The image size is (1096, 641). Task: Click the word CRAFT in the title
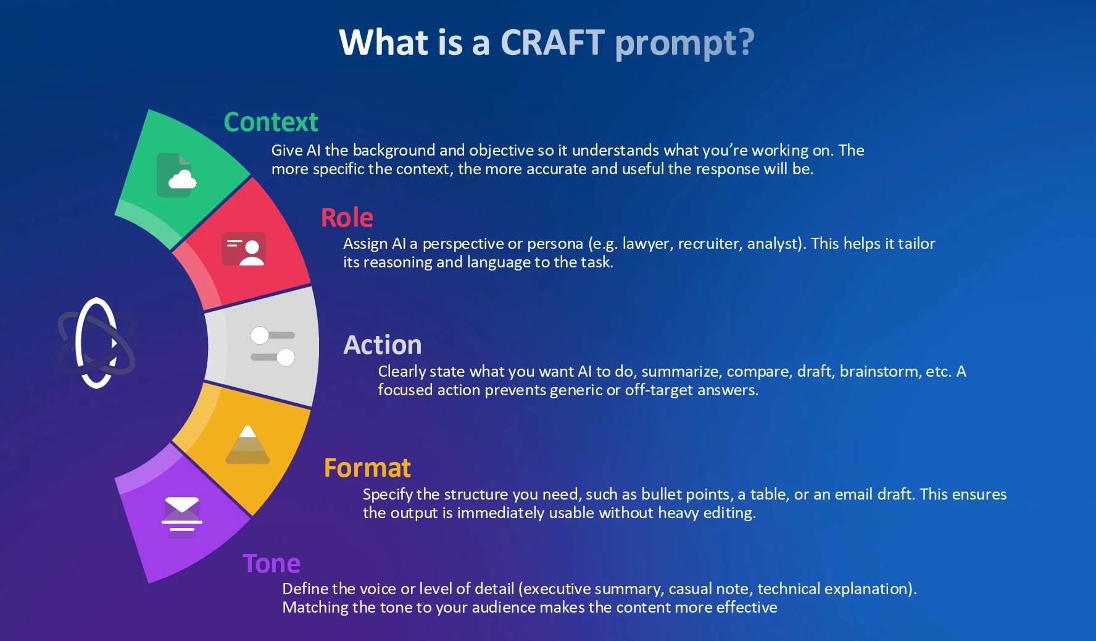pos(552,43)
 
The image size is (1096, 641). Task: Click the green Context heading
pos(271,122)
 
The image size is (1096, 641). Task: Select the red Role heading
pos(347,217)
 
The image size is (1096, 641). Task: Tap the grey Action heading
pos(383,345)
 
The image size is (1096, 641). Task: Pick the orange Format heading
pos(367,467)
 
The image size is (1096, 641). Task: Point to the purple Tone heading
pos(272,563)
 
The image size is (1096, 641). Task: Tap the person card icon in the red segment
pos(244,249)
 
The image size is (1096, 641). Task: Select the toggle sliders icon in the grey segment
pos(273,346)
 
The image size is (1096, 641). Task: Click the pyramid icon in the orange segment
pos(247,445)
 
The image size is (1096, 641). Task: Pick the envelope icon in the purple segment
pos(182,517)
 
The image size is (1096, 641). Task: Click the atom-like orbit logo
pos(96,343)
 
